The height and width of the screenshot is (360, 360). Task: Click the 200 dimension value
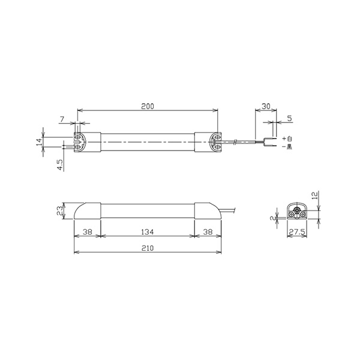(148, 106)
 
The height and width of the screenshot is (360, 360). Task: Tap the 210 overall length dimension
(148, 248)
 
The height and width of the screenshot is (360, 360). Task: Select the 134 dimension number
(147, 232)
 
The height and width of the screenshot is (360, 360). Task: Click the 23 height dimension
(59, 211)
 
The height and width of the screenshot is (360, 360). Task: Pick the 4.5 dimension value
(60, 165)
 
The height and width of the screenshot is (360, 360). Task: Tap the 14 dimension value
(39, 142)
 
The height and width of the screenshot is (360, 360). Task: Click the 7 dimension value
(62, 119)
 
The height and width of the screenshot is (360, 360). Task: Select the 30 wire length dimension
(266, 106)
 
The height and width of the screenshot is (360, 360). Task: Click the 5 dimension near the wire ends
(290, 118)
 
